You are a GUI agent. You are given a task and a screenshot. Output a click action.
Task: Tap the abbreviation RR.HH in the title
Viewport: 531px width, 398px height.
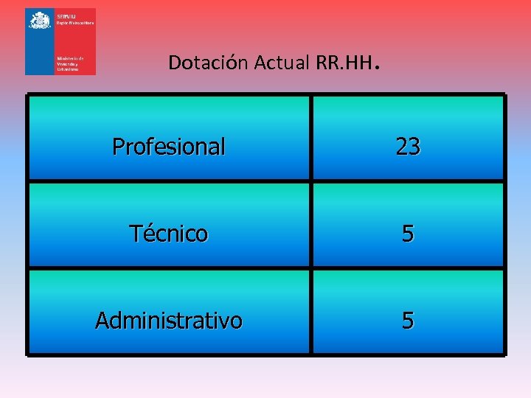(341, 63)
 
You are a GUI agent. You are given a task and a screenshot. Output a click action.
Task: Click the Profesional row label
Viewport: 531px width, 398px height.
(168, 147)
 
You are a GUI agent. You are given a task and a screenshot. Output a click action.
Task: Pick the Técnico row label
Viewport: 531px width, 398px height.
(168, 234)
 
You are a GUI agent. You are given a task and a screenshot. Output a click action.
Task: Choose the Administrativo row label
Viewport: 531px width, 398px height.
(168, 321)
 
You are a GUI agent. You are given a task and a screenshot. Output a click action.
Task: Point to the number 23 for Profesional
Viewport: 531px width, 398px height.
(408, 147)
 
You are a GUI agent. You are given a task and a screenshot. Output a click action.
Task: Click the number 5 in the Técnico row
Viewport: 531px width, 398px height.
(408, 234)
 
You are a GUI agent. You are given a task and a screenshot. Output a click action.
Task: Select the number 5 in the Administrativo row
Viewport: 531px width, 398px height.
(408, 321)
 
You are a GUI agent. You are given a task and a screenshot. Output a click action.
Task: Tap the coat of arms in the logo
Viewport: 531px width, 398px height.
(38, 20)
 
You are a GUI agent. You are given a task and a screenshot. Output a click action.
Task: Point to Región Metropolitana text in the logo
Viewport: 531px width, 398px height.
(75, 24)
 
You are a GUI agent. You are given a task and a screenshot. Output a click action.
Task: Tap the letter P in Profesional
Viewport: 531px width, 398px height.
(118, 147)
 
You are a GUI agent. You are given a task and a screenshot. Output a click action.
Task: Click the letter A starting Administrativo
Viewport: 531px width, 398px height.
(102, 321)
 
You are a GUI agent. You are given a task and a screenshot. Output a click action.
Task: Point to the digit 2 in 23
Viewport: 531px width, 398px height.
(402, 147)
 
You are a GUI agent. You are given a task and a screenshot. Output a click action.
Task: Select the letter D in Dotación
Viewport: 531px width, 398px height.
(173, 63)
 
